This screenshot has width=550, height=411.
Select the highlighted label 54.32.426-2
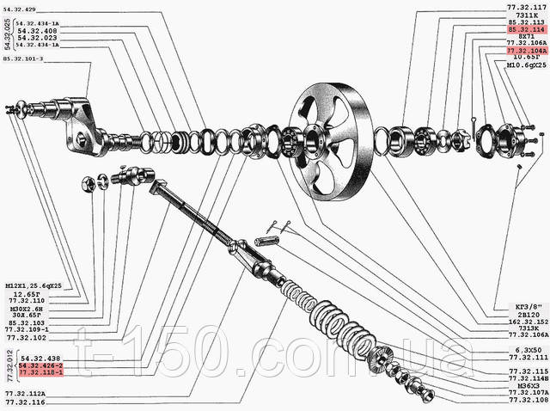pos(38,365)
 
